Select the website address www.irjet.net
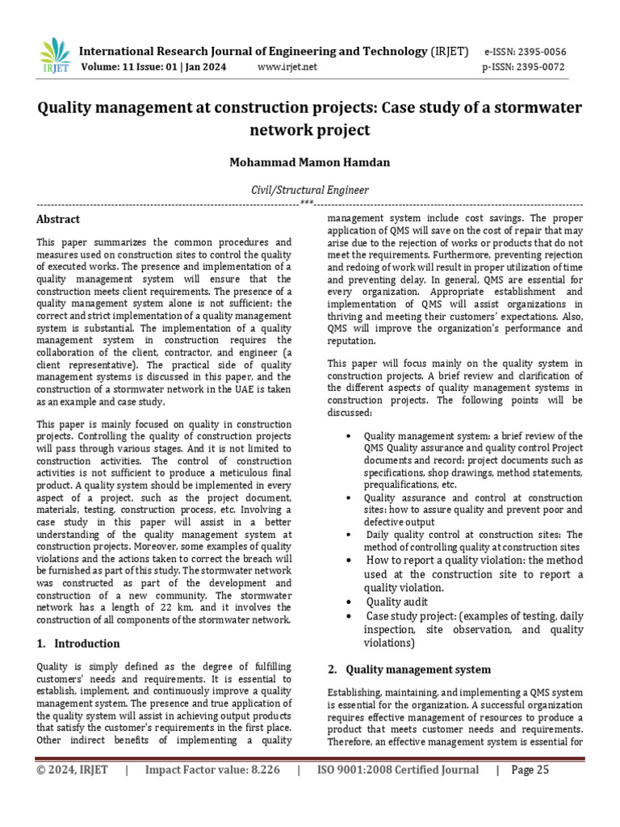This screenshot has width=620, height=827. [x=287, y=67]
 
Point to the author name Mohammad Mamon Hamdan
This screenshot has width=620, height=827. [x=310, y=162]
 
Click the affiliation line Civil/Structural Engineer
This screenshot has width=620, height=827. [x=310, y=191]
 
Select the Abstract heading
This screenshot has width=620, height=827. [x=58, y=219]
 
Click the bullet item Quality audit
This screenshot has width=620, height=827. [x=398, y=602]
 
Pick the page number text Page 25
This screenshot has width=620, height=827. [x=530, y=770]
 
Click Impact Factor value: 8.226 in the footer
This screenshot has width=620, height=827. [x=212, y=770]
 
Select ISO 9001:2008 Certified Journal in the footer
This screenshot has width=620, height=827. [x=397, y=770]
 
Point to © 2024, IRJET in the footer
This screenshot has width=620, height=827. [x=72, y=770]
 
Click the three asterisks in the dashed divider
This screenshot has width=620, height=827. [x=307, y=203]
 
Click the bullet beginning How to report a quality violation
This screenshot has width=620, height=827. [x=474, y=560]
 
